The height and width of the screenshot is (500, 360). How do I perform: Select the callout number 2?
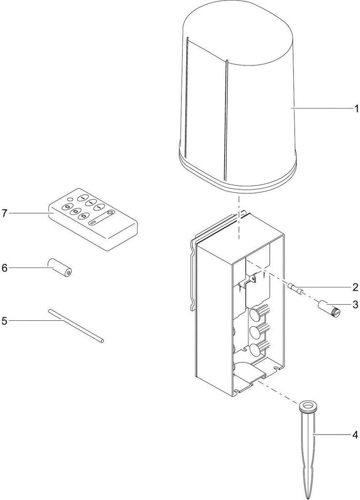point(356,287)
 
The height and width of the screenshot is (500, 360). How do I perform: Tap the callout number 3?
point(356,305)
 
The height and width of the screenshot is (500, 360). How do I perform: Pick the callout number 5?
point(4,321)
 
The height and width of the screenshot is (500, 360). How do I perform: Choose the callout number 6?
point(4,268)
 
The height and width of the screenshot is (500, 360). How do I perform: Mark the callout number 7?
point(4,213)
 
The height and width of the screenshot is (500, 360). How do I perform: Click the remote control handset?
point(93,218)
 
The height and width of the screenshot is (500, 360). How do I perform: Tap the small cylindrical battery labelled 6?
point(60,267)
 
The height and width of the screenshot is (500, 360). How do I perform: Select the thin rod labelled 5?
point(76,325)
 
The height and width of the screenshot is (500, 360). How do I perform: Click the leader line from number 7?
point(29,213)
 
